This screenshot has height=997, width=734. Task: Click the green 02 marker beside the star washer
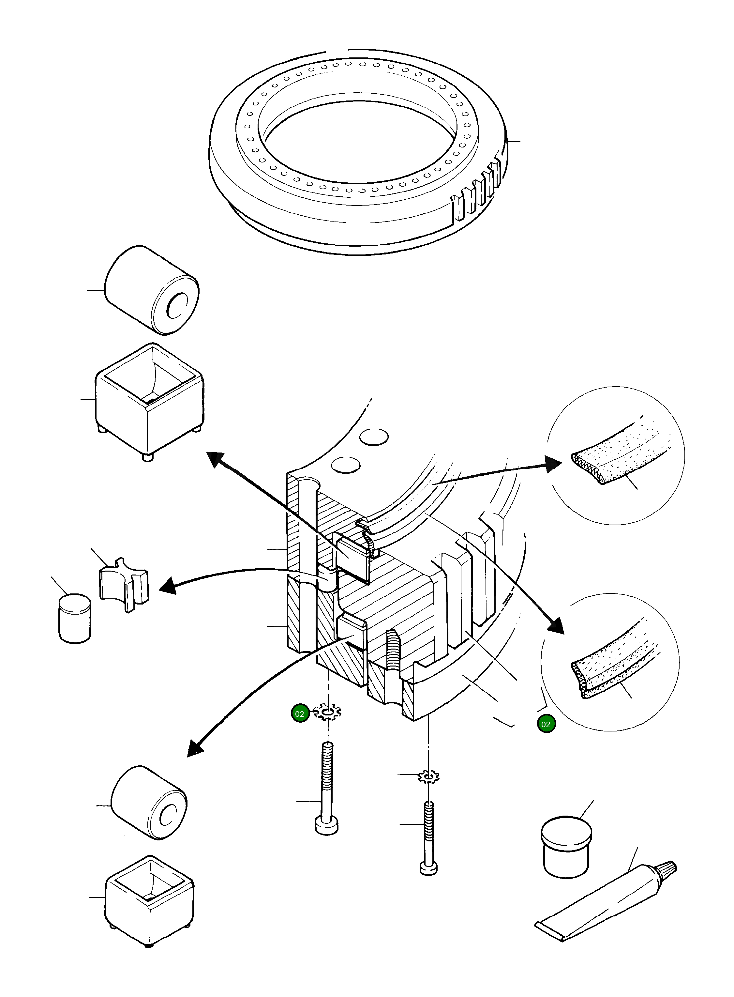point(300,713)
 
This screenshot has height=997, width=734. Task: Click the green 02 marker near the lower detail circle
point(546,724)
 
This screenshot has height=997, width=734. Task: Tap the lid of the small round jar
point(566,828)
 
